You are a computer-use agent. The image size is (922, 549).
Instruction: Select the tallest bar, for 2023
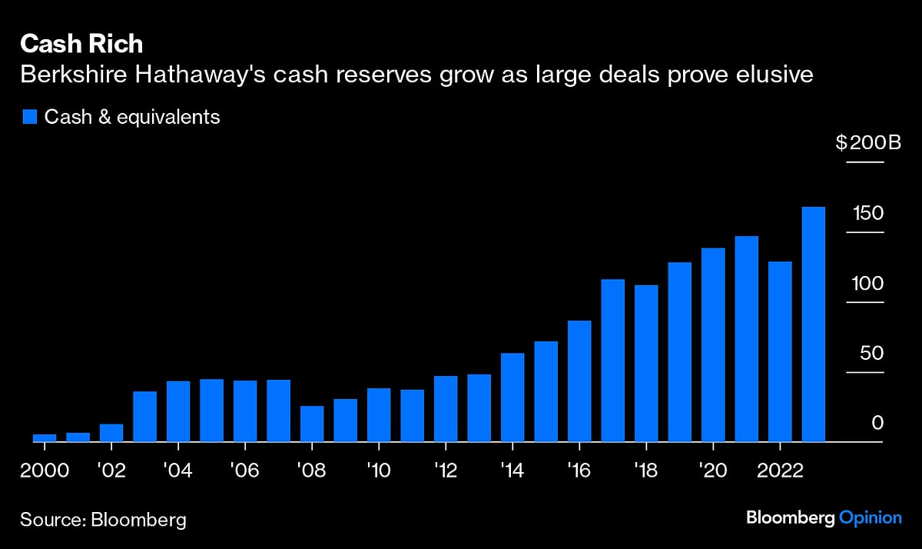813,324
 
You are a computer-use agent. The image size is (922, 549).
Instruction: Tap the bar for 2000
45,438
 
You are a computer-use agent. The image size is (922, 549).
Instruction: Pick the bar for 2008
312,424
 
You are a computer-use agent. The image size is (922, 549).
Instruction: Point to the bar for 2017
612,361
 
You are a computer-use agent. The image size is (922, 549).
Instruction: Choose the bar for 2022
780,352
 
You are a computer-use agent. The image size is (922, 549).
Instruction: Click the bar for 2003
144,417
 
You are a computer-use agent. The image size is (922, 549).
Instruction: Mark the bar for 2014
512,398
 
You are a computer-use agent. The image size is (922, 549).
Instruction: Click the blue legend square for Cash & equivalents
30,117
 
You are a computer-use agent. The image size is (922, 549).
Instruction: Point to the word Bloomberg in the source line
138,520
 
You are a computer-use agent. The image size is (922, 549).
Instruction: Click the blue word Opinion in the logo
871,517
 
